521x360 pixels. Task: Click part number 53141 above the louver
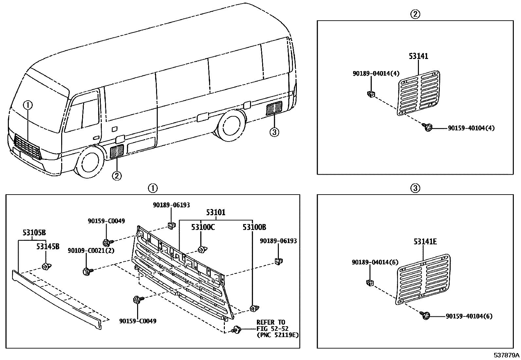(418, 56)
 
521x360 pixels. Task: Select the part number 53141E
(425, 242)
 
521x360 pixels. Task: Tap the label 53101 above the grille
(216, 213)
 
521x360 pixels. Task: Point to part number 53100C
(203, 227)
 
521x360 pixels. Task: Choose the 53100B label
(254, 227)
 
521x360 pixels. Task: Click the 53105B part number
(34, 233)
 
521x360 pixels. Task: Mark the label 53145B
(48, 246)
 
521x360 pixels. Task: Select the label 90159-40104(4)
(471, 128)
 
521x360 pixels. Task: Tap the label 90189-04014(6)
(375, 262)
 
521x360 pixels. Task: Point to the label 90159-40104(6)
(469, 316)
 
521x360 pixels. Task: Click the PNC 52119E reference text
(278, 335)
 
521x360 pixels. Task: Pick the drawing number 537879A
(507, 355)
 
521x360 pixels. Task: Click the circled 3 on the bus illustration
(274, 132)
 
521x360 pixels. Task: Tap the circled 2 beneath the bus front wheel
(117, 176)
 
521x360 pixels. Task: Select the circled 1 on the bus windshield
(28, 105)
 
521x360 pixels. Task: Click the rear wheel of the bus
(233, 126)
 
